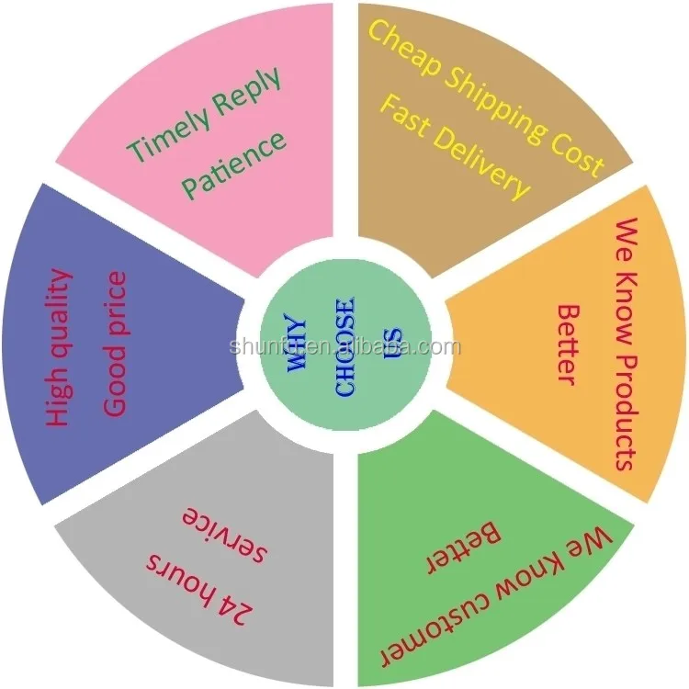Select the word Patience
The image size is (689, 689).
pyautogui.click(x=233, y=164)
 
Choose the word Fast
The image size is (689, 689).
pyautogui.click(x=405, y=114)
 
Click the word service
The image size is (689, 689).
pyautogui.click(x=224, y=533)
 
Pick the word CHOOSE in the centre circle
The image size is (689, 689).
pyautogui.click(x=345, y=347)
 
